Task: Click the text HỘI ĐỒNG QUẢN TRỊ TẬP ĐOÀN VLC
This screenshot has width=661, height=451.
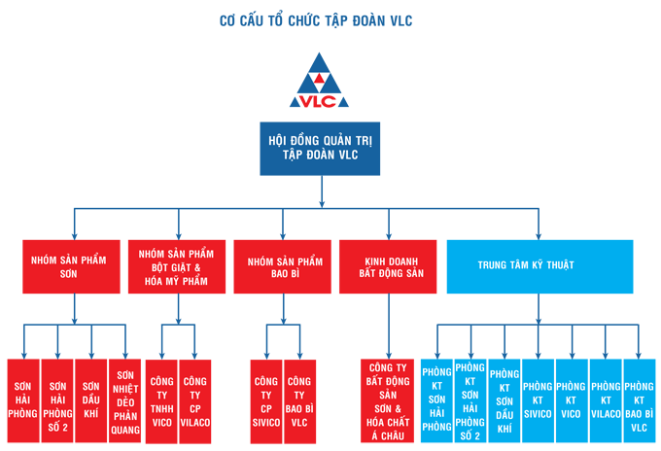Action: pos(319,148)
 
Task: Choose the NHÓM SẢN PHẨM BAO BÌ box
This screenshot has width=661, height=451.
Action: pos(284,266)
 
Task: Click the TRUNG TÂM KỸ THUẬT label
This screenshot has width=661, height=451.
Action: pos(526,264)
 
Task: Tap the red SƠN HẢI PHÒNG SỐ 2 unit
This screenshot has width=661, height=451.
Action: pos(57,399)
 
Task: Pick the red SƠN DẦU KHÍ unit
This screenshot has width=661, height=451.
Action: pos(91,399)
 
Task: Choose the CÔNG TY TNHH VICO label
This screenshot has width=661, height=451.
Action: pos(161,399)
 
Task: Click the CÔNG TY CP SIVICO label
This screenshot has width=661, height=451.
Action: pos(265,399)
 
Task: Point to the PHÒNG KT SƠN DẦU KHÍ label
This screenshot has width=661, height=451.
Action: pos(504,399)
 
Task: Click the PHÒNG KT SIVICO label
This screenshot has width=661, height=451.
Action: pos(537,399)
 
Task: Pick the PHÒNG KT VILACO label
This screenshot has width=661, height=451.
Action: pos(606,399)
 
